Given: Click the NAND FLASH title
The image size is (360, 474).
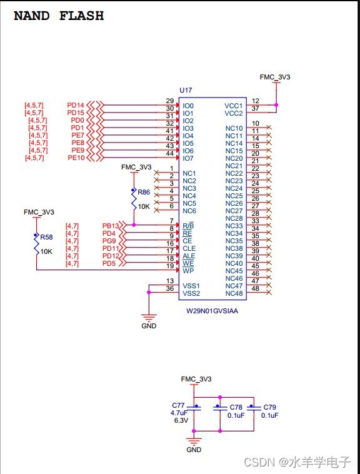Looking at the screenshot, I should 59,16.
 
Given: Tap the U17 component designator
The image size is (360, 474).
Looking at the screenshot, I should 186,91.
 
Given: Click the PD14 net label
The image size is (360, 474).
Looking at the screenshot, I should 76,105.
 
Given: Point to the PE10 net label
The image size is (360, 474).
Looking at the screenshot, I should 76,158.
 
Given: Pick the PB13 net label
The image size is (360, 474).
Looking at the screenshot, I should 111,226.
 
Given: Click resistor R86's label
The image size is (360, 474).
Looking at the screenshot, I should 144,192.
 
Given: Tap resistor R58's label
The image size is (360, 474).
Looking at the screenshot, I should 46,238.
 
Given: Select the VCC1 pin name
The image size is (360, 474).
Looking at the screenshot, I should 234,106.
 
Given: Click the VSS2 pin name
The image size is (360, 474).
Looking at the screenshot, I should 191,293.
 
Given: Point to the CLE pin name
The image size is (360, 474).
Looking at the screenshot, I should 189,248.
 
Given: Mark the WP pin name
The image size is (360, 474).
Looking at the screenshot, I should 188,271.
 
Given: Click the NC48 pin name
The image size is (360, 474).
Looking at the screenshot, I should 234,293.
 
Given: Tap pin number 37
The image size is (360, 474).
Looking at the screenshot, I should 255,108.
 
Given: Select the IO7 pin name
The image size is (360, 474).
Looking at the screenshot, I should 188,158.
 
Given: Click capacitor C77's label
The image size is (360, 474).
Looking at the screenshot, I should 179,405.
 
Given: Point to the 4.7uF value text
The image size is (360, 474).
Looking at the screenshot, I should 180,413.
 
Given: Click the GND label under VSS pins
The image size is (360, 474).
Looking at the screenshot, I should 149,326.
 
